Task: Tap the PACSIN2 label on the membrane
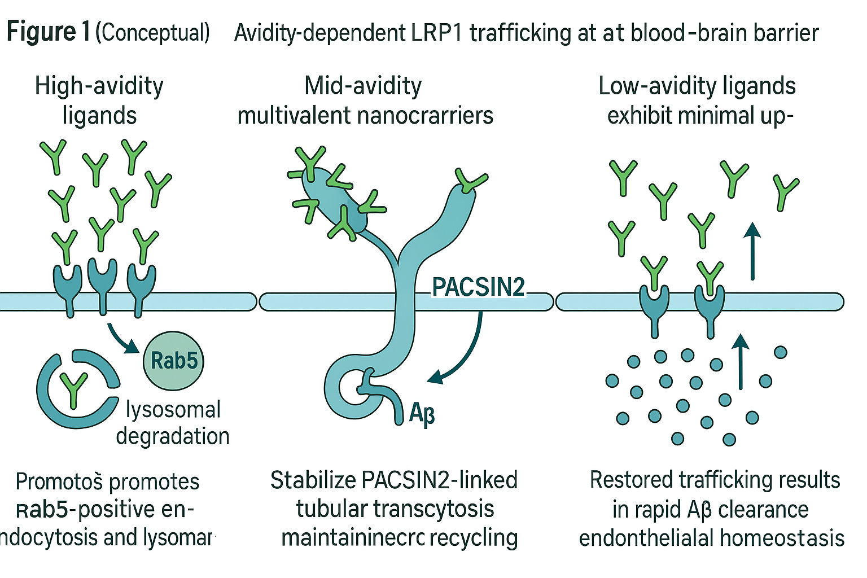click(478, 287)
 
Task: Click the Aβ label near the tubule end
click(422, 413)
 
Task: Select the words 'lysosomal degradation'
click(173, 423)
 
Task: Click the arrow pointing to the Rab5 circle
click(121, 338)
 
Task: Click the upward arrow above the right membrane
click(752, 251)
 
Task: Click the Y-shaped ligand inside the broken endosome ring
click(74, 389)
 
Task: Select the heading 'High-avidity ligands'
click(99, 100)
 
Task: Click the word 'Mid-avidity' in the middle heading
click(363, 86)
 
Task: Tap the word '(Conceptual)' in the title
click(152, 33)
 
